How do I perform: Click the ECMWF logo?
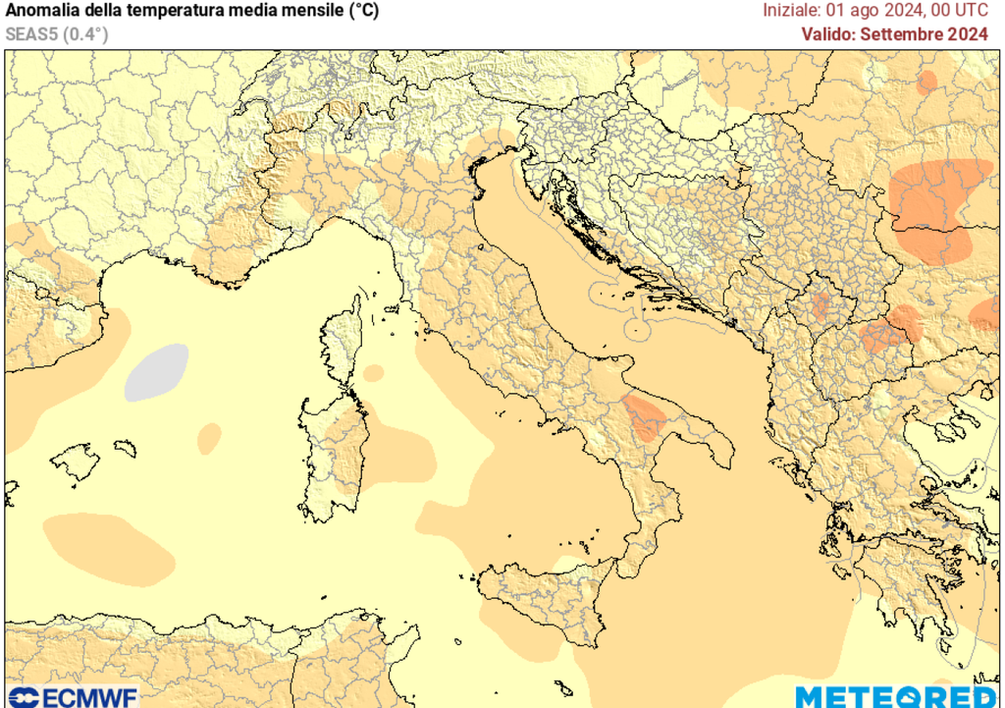[71, 696]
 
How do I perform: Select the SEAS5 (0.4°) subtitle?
[56, 34]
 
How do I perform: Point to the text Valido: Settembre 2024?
[894, 34]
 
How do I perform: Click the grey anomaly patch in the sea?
[157, 372]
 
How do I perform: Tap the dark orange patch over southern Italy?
[646, 416]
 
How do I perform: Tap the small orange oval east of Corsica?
[374, 373]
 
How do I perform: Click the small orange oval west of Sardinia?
[209, 438]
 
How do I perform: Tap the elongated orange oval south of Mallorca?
[108, 545]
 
